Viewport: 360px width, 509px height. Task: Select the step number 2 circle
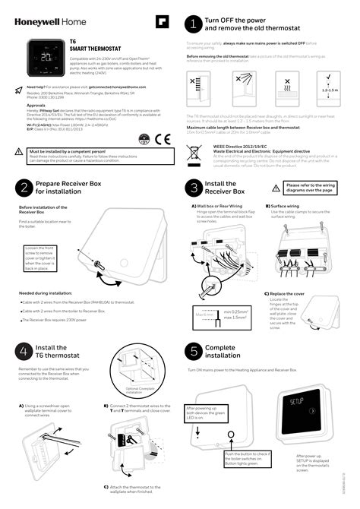(24, 187)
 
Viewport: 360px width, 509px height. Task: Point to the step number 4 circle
(24, 352)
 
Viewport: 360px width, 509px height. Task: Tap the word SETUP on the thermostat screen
(297, 400)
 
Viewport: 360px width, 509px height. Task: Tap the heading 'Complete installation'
(223, 352)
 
